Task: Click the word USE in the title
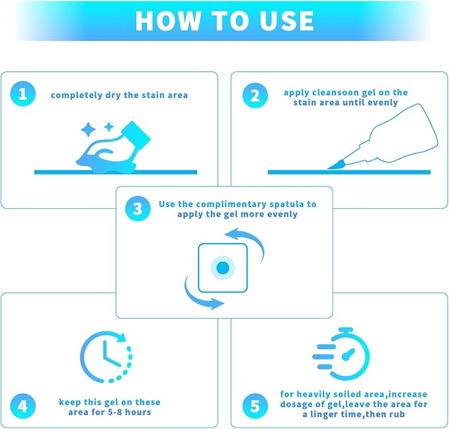pos(286,20)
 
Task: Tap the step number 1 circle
pos(23,94)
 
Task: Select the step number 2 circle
pos(255,95)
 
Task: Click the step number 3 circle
pos(138,209)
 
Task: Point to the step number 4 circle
pos(23,406)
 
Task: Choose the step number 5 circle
pos(255,406)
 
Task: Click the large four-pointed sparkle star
pos(88,130)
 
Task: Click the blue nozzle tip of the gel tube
pos(336,165)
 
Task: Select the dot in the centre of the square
pos(223,268)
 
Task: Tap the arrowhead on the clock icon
pos(122,338)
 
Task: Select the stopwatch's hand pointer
pos(348,354)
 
